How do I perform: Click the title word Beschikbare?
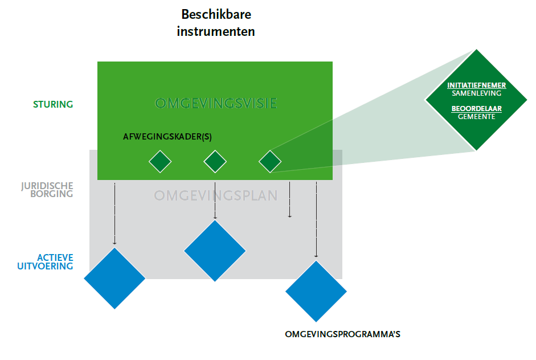[x=215, y=14]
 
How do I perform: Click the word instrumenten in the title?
[x=215, y=31]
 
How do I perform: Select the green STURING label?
[x=53, y=104]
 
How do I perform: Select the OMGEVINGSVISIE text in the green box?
[x=215, y=104]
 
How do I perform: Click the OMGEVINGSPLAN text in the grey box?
[x=215, y=196]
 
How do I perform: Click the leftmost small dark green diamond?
[x=160, y=162]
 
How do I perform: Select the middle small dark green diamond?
[x=215, y=162]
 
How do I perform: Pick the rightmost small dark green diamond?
[x=270, y=162]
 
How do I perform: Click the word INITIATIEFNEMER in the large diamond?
[x=477, y=86]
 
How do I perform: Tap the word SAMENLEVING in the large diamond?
[x=477, y=93]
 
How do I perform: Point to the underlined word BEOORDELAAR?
[x=477, y=108]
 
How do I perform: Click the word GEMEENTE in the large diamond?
[x=477, y=116]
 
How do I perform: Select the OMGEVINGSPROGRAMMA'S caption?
[x=342, y=334]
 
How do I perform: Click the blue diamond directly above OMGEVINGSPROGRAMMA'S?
[x=316, y=291]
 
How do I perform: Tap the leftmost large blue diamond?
[x=114, y=279]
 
